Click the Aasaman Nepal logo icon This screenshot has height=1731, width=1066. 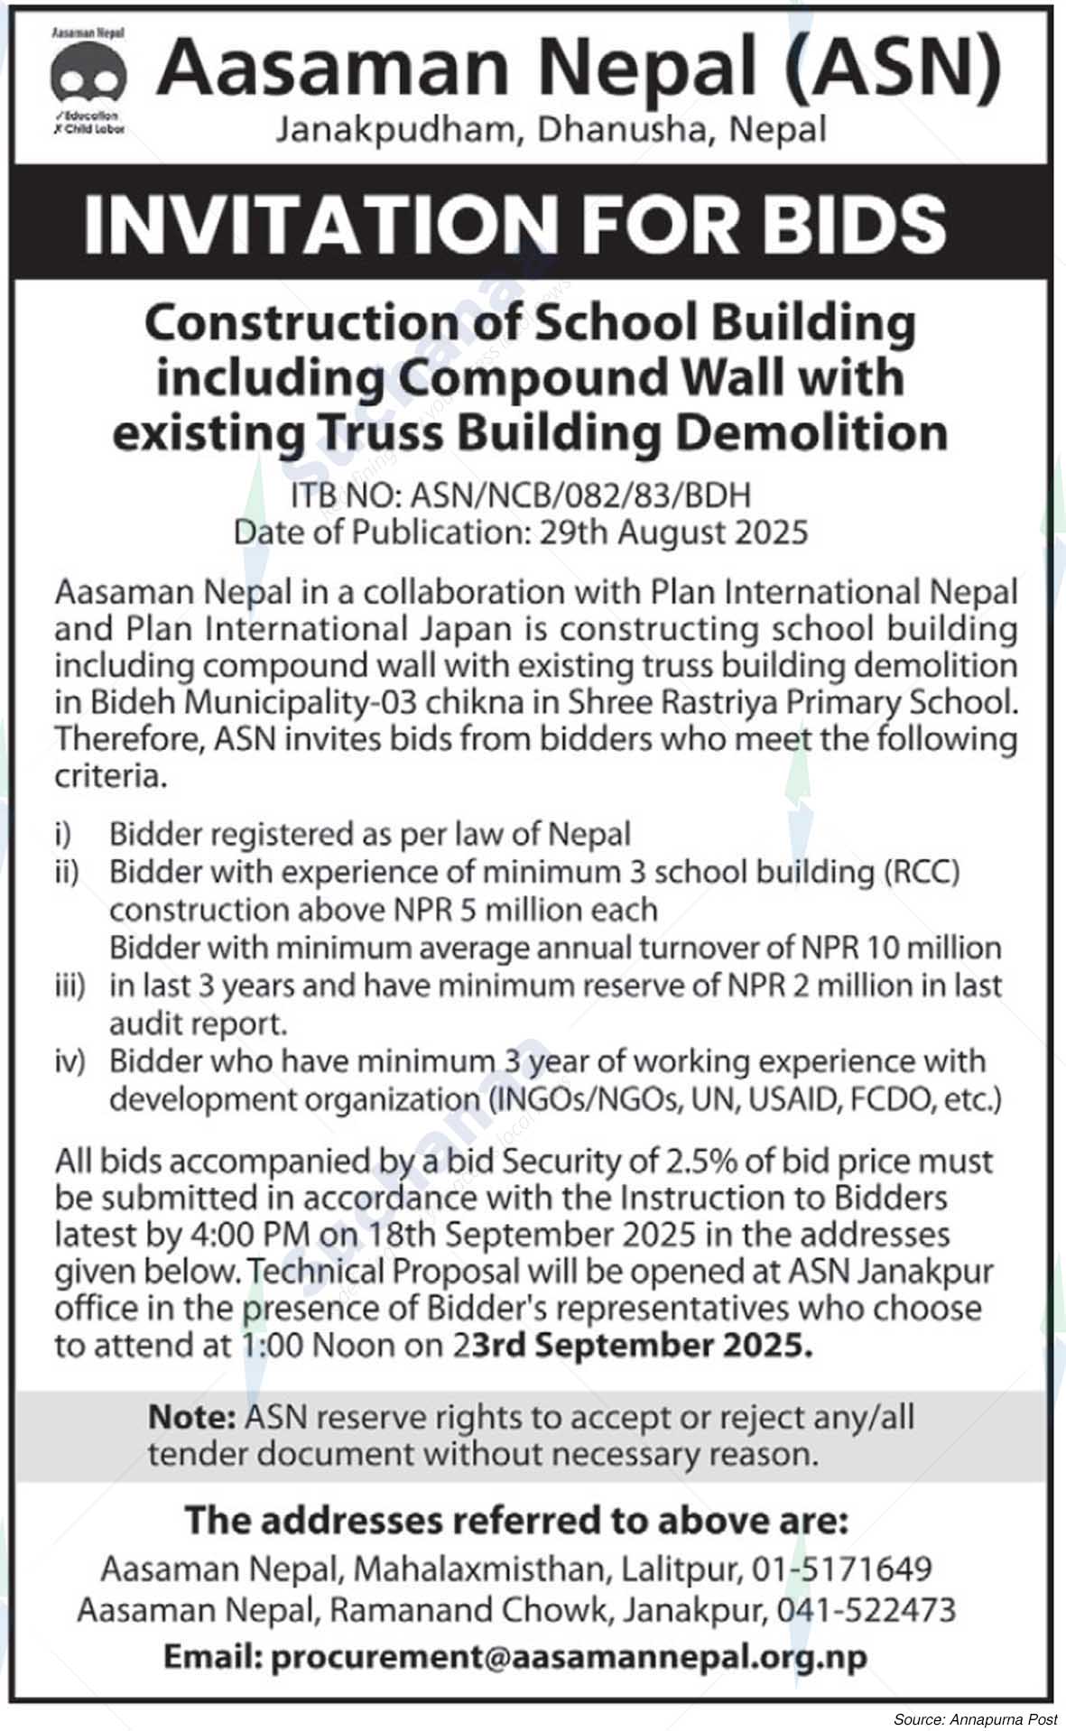click(x=88, y=80)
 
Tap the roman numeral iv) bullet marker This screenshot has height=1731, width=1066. click(x=70, y=1062)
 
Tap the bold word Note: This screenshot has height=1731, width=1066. click(x=191, y=1417)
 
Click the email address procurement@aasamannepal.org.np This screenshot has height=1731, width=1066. click(x=568, y=1657)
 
